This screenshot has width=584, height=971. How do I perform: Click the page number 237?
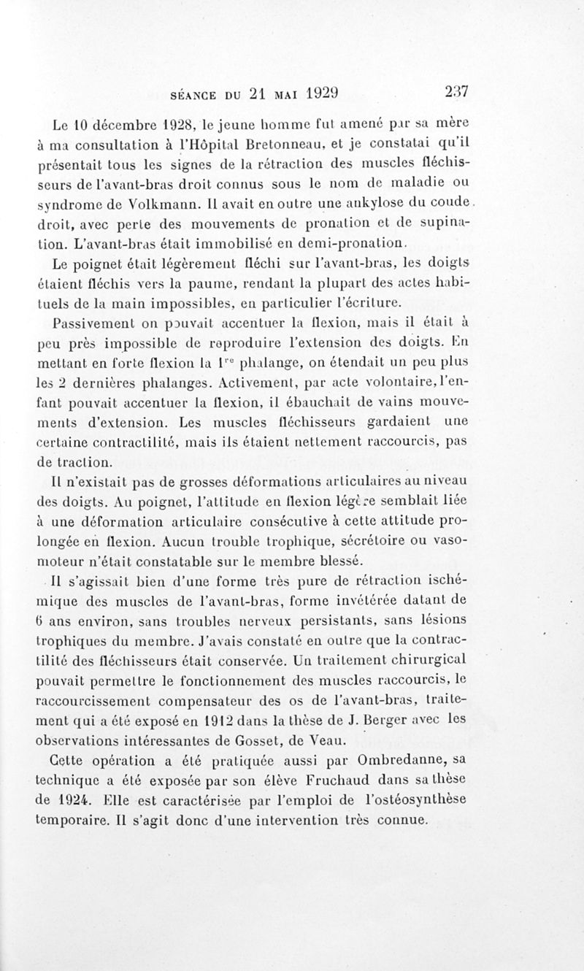tap(455, 93)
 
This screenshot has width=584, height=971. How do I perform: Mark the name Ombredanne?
tap(415, 760)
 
